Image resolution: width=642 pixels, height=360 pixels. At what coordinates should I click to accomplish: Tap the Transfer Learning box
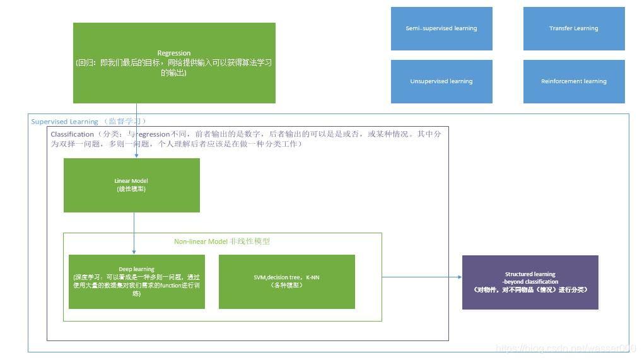click(x=573, y=28)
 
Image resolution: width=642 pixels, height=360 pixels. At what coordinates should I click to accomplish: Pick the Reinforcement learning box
click(x=573, y=81)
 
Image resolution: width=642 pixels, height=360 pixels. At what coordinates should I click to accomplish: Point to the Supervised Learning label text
click(x=65, y=122)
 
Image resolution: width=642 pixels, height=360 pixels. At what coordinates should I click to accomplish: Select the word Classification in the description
click(x=72, y=134)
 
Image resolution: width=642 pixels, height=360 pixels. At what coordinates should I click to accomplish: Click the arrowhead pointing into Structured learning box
click(x=459, y=277)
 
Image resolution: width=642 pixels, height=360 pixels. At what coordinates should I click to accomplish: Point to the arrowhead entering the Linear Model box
click(x=137, y=156)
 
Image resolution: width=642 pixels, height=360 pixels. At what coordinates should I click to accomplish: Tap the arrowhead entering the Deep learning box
click(x=134, y=252)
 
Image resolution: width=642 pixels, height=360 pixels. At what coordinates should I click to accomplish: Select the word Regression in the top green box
click(x=174, y=54)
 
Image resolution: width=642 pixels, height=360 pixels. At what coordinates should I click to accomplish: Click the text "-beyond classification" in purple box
click(x=530, y=282)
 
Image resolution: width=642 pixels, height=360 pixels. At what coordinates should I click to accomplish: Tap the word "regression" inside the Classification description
click(x=154, y=134)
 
